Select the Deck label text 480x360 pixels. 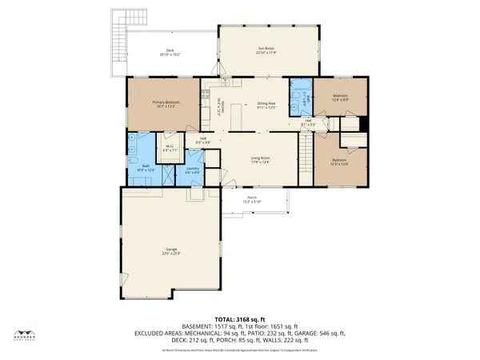(x=170, y=51)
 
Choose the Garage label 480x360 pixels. (x=166, y=251)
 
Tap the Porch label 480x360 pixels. (x=252, y=200)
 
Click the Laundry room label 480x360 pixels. (x=193, y=169)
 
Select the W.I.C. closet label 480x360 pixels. (x=170, y=147)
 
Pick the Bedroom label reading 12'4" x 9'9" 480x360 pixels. (x=340, y=97)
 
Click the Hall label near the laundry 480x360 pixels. (x=205, y=140)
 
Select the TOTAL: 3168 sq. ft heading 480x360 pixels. (x=240, y=319)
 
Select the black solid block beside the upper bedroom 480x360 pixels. (x=365, y=125)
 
